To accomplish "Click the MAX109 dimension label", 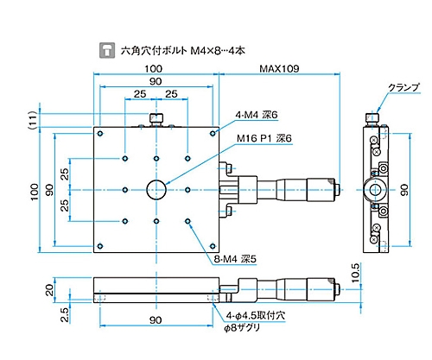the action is click(279, 68).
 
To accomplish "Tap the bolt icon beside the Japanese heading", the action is click(107, 50).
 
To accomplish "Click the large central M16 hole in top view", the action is click(156, 190).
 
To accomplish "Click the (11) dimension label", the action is click(33, 120).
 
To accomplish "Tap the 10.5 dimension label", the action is click(356, 272).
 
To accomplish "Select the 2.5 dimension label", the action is click(66, 314).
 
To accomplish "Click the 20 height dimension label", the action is click(49, 290).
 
